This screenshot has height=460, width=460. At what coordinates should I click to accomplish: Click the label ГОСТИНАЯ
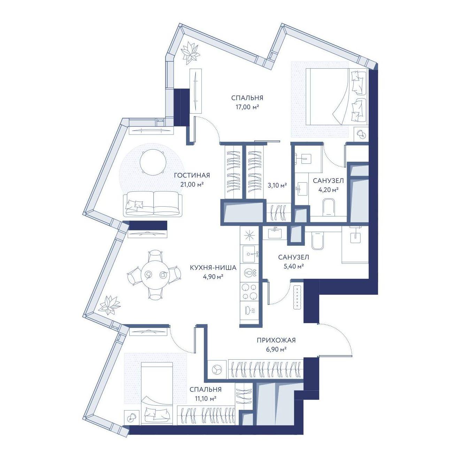coord(192,175)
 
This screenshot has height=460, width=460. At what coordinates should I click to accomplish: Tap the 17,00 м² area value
coord(247,107)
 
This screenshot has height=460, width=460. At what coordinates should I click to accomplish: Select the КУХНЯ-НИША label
coord(213,268)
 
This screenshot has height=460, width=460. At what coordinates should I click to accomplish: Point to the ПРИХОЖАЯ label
coord(276,340)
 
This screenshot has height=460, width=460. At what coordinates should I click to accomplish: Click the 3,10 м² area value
coord(277,185)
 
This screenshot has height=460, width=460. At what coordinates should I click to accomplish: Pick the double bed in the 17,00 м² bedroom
coord(336,96)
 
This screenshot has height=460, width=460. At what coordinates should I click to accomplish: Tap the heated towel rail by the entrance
coord(298,297)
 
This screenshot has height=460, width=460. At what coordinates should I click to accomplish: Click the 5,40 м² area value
coord(293,266)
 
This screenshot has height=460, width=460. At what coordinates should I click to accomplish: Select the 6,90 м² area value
coord(276,350)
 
